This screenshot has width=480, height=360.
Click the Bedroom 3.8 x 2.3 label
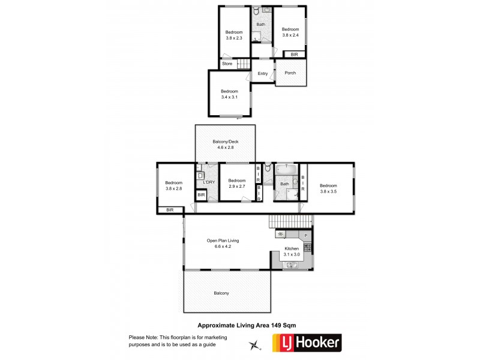234,35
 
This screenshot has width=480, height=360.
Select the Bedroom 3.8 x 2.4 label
290,32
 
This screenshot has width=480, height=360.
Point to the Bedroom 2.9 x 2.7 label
236,183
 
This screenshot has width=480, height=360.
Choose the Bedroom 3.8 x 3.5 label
328,188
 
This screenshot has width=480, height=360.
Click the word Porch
290,73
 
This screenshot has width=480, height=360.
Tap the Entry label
263,74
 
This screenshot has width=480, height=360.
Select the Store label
227,64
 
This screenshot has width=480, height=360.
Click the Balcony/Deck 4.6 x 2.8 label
225,145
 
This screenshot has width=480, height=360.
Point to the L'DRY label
209,182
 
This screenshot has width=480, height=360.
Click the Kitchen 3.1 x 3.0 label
292,251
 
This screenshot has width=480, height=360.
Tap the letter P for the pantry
305,235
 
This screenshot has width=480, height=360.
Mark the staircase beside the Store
242,64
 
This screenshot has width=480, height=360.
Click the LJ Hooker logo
307,343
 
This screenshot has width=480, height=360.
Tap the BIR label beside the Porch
294,55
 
